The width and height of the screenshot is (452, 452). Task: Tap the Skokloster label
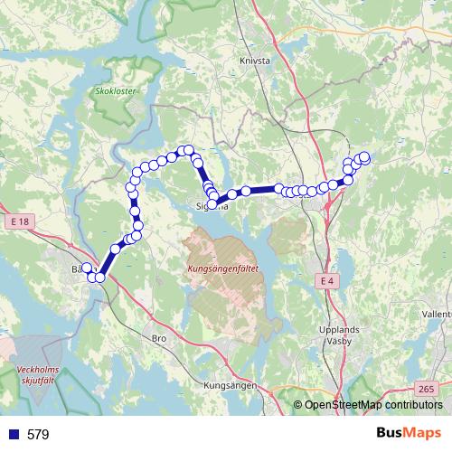(113, 91)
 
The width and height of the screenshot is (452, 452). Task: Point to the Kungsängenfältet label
(223, 269)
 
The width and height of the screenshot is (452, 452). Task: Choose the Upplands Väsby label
(340, 336)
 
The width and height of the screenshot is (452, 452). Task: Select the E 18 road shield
(22, 221)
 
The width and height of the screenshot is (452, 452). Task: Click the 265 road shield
(427, 388)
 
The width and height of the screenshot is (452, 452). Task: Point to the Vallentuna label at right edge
(436, 314)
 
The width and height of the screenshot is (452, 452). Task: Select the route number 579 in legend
(38, 435)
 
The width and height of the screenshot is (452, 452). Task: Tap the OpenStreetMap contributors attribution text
(372, 406)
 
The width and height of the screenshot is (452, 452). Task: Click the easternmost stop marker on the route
(365, 156)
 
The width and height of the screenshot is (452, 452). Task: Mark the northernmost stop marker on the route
(188, 150)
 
